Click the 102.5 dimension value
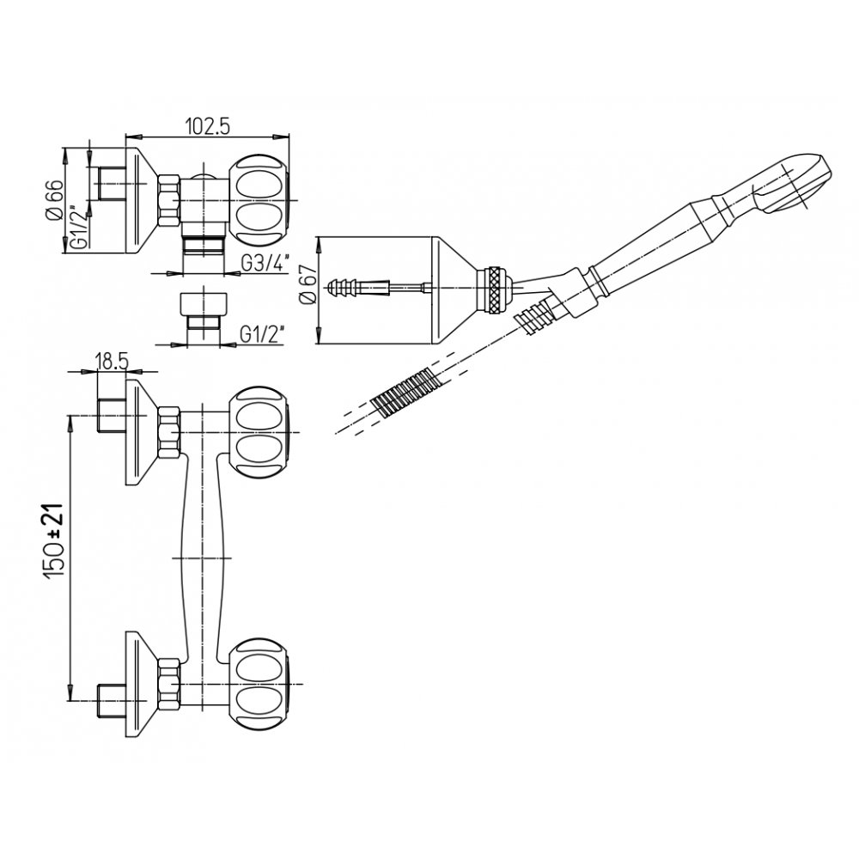pyautogui.click(x=207, y=126)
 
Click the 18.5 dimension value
pyautogui.click(x=112, y=362)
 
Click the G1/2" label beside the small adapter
pyautogui.click(x=262, y=334)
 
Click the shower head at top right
pyautogui.click(x=792, y=184)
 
